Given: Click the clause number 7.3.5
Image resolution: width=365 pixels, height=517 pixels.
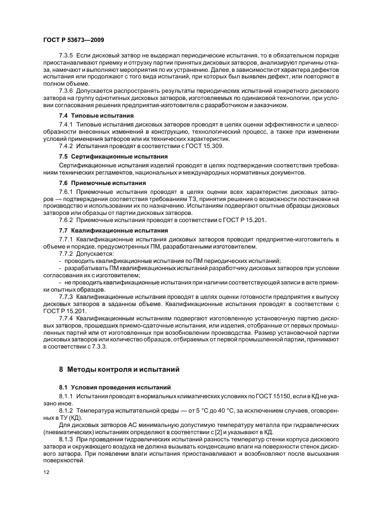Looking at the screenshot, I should pos(66,56).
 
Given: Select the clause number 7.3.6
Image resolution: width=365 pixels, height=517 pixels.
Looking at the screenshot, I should pos(66,90).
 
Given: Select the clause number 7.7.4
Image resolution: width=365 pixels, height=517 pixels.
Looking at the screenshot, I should pos(66,319).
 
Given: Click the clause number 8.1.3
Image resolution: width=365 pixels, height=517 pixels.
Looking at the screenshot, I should pos(66,437).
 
